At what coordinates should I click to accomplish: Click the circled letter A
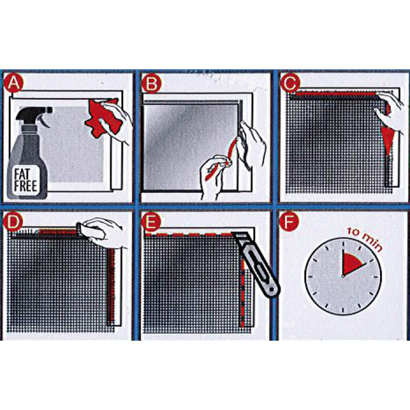coord(14,83)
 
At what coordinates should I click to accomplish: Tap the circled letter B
coord(151,83)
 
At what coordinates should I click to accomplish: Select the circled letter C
coord(290,83)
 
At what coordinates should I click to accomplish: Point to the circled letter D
coord(13,222)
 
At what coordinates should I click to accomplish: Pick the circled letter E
coord(151,222)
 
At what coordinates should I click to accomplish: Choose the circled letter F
coord(289,222)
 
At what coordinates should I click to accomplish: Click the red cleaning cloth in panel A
coord(103,117)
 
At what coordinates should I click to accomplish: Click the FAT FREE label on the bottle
coord(25,180)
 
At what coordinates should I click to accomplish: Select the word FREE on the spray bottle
coord(25,187)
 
